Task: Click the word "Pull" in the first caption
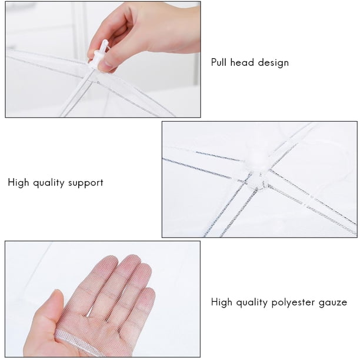[219, 62]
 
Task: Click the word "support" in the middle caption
[86, 184]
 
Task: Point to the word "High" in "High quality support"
[18, 183]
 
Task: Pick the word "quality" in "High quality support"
[49, 183]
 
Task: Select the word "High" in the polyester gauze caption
[222, 302]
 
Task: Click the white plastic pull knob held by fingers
[99, 54]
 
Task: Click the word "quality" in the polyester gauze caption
[252, 302]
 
